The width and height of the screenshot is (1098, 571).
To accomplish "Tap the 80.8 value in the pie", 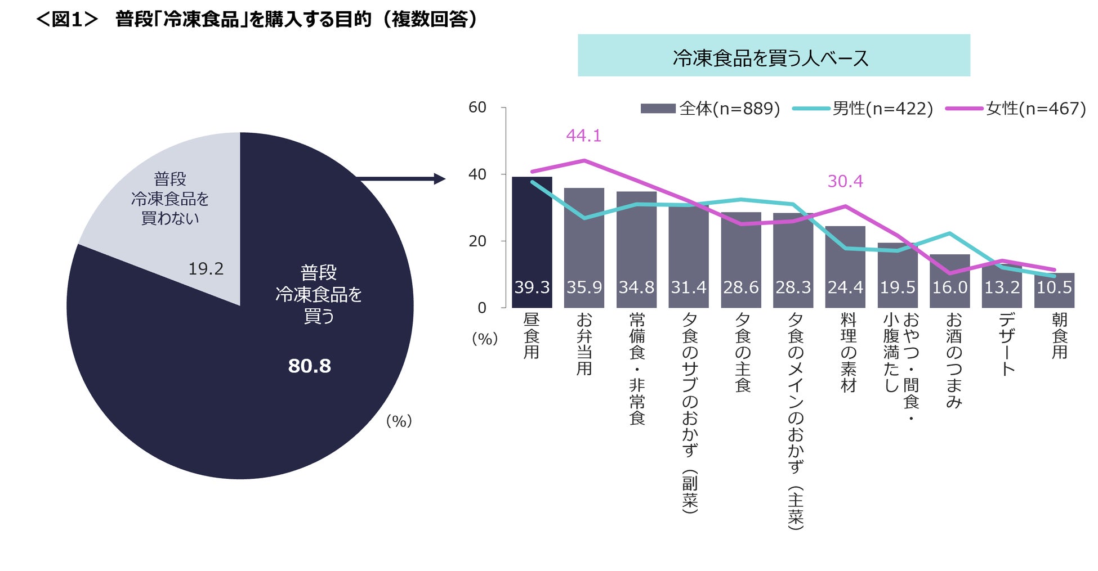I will pos(309,366).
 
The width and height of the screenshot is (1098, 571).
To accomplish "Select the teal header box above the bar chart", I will pos(773,56).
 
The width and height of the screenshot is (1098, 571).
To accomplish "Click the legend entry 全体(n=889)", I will pos(710,109).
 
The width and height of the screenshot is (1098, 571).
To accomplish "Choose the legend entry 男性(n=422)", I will pos(863,109).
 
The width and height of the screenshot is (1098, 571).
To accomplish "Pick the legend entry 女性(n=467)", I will pos(1016,109).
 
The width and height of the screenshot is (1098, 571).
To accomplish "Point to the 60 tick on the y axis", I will pos(477,107).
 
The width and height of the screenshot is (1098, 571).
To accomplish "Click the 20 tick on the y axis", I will pos(477,241).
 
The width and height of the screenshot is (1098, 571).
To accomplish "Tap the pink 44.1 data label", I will pos(583,136).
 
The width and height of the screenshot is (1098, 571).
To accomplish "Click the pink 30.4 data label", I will pos(845,181).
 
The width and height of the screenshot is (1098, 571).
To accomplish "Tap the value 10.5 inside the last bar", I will pos(1054,287).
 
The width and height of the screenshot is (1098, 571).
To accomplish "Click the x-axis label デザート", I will pos(1007,344).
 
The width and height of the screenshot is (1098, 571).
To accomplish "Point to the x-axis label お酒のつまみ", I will pos(954,360).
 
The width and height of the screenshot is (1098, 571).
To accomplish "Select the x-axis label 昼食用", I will pos(532,336).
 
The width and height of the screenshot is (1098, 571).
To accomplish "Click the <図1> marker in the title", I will pos(67,19).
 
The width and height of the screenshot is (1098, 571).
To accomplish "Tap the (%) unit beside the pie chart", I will pos(399,421).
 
